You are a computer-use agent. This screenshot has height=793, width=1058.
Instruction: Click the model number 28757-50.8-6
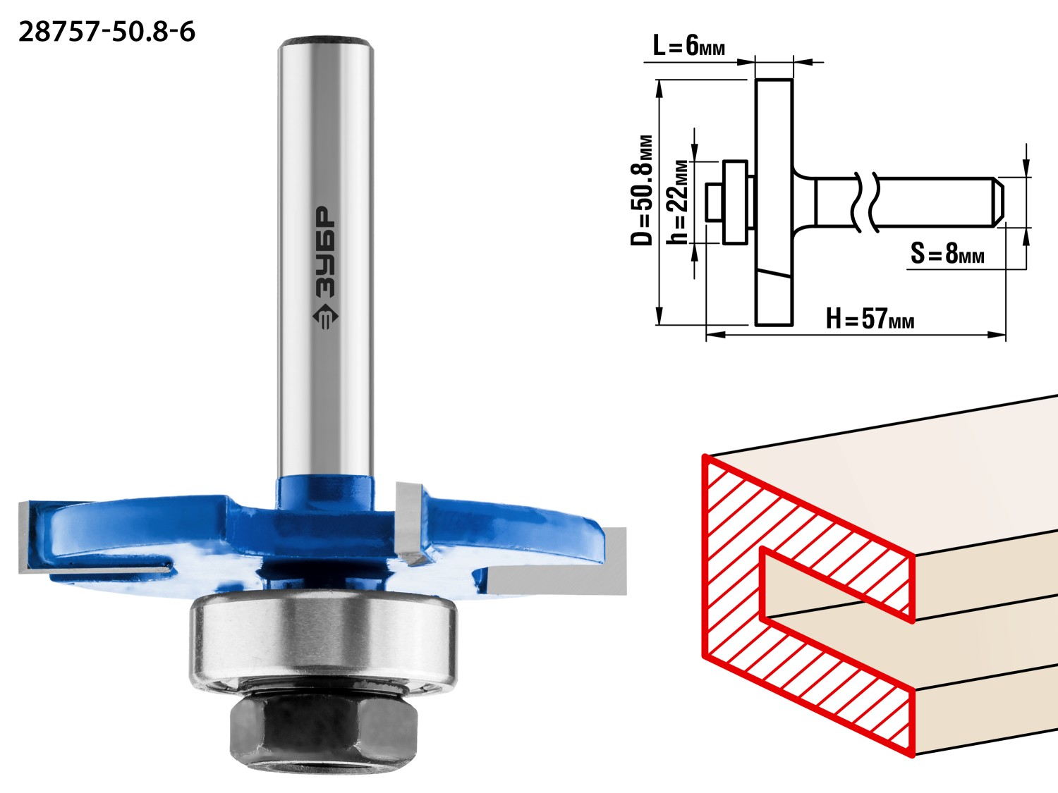click(x=107, y=32)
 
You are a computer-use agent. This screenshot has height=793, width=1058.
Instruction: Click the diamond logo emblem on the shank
click(x=325, y=316)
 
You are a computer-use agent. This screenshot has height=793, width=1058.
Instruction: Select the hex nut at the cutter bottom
click(x=323, y=735)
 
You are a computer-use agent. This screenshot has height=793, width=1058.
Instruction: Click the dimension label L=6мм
click(x=689, y=47)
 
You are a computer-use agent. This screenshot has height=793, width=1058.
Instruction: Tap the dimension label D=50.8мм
click(x=642, y=190)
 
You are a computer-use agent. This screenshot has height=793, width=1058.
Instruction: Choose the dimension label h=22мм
click(x=676, y=202)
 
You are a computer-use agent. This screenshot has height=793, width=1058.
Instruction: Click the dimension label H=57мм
click(x=870, y=319)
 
